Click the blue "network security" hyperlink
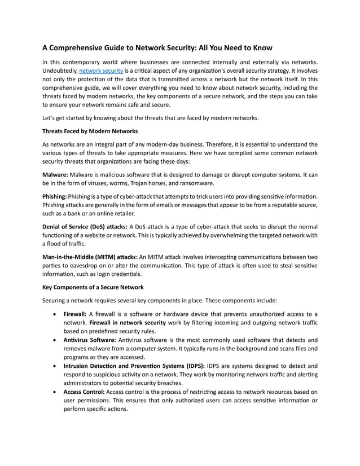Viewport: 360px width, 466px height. (x=100, y=71)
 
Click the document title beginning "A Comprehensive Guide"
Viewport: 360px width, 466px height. (x=157, y=48)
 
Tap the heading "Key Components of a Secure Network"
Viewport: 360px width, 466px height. (x=93, y=287)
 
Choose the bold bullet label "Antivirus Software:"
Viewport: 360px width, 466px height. (x=87, y=340)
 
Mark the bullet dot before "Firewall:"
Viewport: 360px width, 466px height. (x=54, y=314)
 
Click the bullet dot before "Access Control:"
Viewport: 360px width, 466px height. (x=54, y=392)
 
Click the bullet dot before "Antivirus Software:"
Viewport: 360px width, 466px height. (x=54, y=340)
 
